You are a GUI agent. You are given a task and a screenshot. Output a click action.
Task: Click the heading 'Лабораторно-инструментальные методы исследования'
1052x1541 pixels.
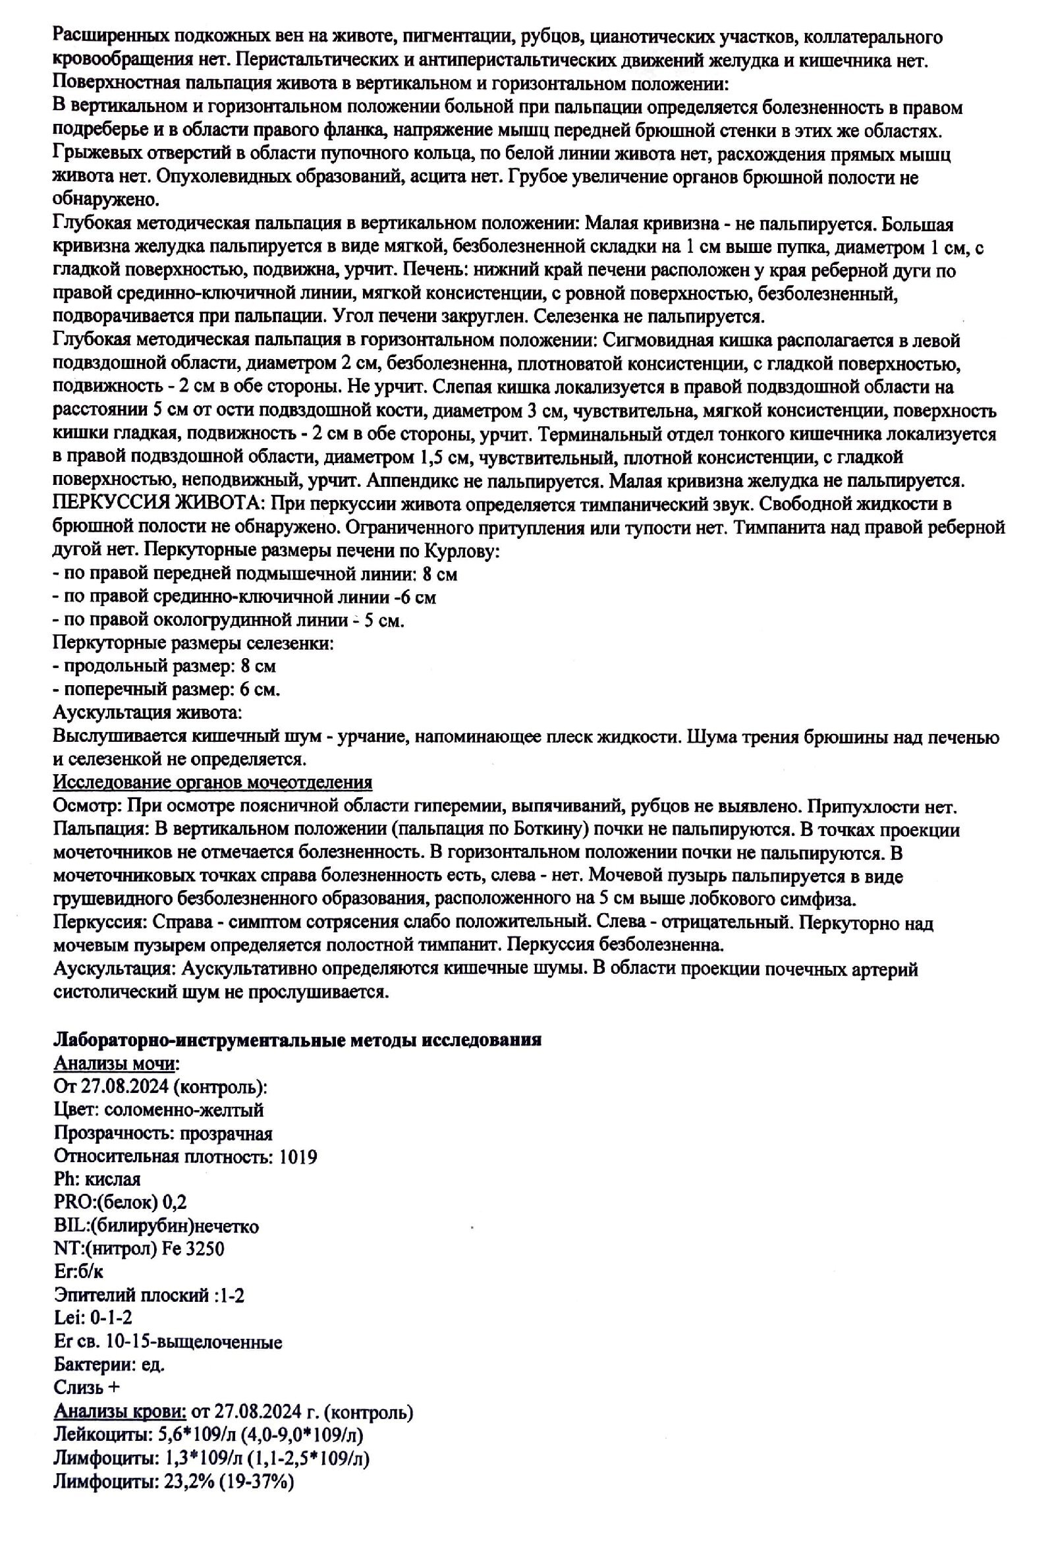point(297,1039)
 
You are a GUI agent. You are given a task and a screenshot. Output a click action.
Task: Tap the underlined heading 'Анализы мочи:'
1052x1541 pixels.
point(117,1063)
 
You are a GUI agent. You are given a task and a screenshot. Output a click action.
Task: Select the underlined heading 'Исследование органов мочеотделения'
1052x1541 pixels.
point(212,783)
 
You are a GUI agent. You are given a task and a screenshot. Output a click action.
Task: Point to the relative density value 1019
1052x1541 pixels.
point(298,1156)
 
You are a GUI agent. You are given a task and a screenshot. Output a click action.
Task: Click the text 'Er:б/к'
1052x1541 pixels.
point(78,1272)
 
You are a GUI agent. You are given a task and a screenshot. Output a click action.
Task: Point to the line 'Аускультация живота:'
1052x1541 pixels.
point(147,714)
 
